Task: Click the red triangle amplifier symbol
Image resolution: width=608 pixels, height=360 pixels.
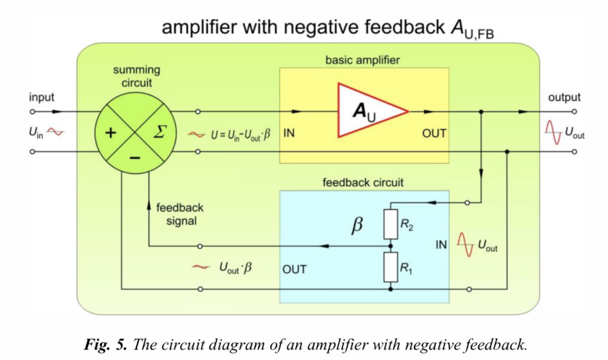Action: [x=367, y=111]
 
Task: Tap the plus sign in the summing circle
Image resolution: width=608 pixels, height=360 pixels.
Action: [x=111, y=133]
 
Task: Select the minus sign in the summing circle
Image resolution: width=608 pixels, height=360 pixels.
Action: [x=135, y=158]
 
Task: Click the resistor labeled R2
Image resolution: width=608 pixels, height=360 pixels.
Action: [x=391, y=224]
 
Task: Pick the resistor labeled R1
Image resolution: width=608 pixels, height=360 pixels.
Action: [x=391, y=267]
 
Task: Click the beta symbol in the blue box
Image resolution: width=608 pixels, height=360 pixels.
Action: [x=358, y=225]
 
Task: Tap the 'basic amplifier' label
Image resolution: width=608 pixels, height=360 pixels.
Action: [x=362, y=60]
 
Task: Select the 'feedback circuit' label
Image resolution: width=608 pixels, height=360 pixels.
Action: [x=363, y=183]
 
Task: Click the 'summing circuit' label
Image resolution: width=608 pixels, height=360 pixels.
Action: [x=136, y=77]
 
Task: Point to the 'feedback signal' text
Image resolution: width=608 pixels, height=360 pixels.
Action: [x=180, y=214]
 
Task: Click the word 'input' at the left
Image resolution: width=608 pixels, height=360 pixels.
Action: [x=41, y=97]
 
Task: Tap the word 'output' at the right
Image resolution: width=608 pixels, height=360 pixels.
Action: [x=564, y=97]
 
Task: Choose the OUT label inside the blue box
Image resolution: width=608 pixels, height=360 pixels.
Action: [x=294, y=269]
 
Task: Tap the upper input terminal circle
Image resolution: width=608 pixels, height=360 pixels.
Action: [x=32, y=111]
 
